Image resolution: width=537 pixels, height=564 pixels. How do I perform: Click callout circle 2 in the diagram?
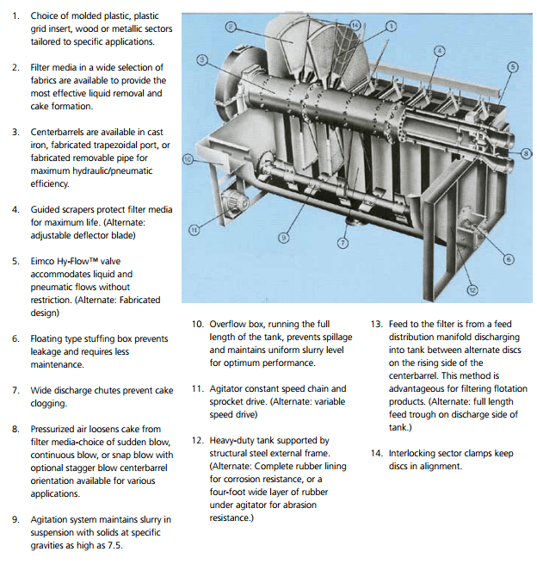click(230, 28)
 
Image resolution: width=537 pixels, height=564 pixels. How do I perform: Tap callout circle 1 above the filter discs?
click(392, 27)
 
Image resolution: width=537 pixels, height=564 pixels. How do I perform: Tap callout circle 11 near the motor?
click(194, 229)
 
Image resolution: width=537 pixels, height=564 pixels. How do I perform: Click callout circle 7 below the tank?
click(343, 244)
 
